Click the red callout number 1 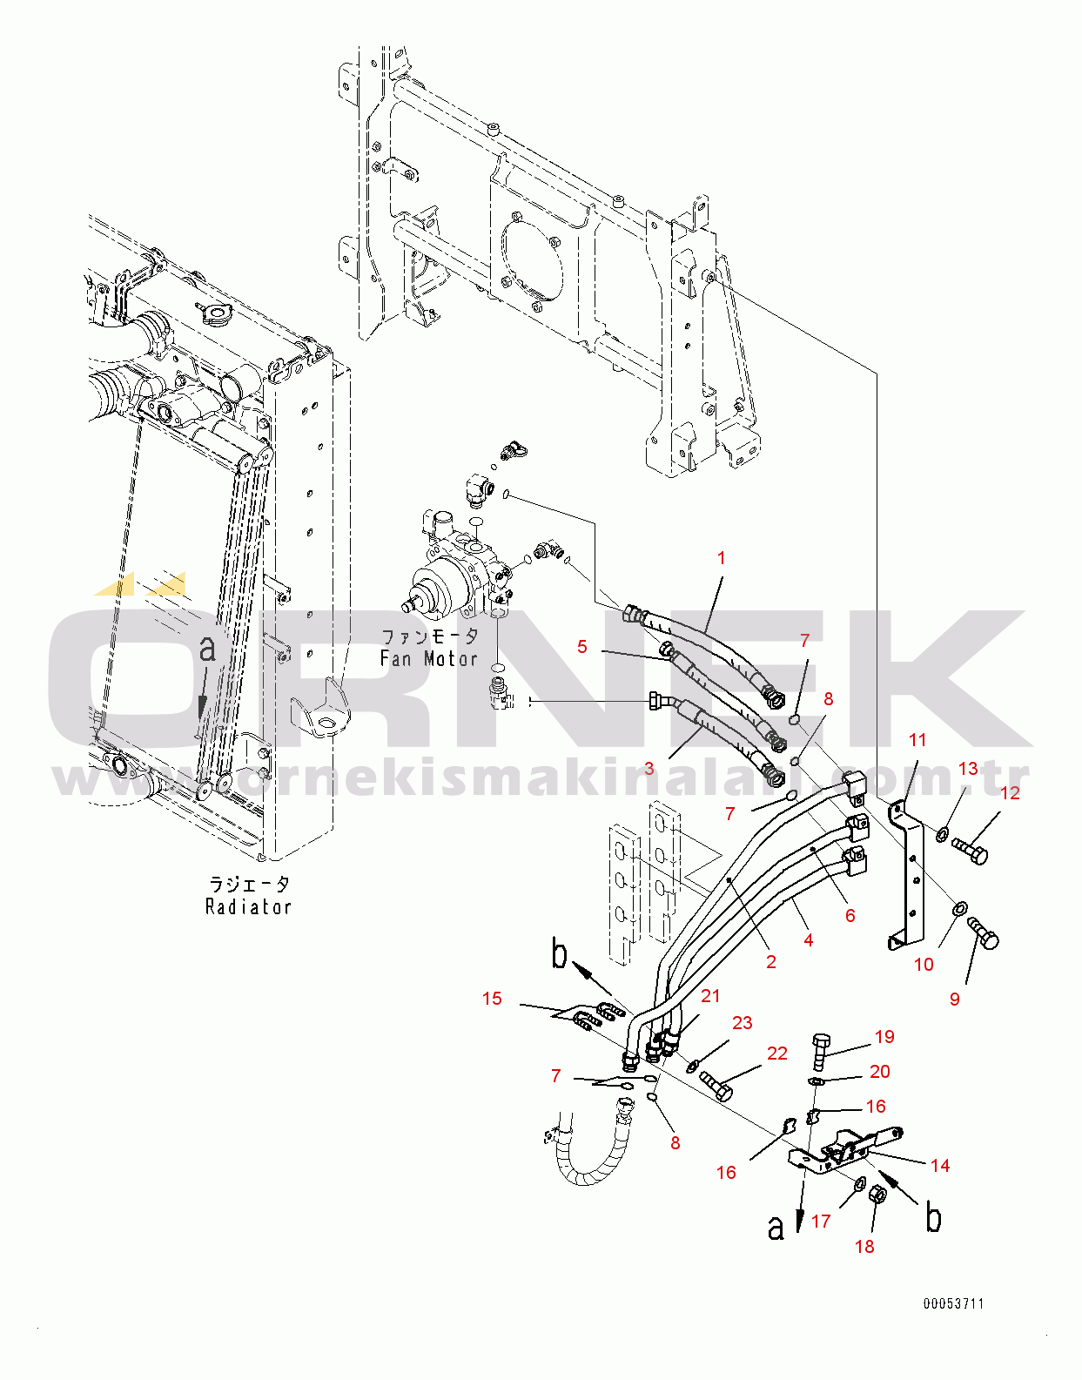(721, 558)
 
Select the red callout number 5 (582, 647)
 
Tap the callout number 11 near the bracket (917, 740)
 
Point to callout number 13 (968, 769)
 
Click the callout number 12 (1010, 793)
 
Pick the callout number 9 (955, 1000)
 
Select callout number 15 (492, 999)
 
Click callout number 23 (742, 1023)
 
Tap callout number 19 (884, 1037)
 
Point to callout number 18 (864, 1247)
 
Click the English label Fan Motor (429, 659)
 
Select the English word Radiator (248, 907)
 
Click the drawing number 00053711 (954, 1304)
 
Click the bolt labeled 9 (985, 932)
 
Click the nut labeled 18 (878, 1194)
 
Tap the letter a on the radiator (207, 649)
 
